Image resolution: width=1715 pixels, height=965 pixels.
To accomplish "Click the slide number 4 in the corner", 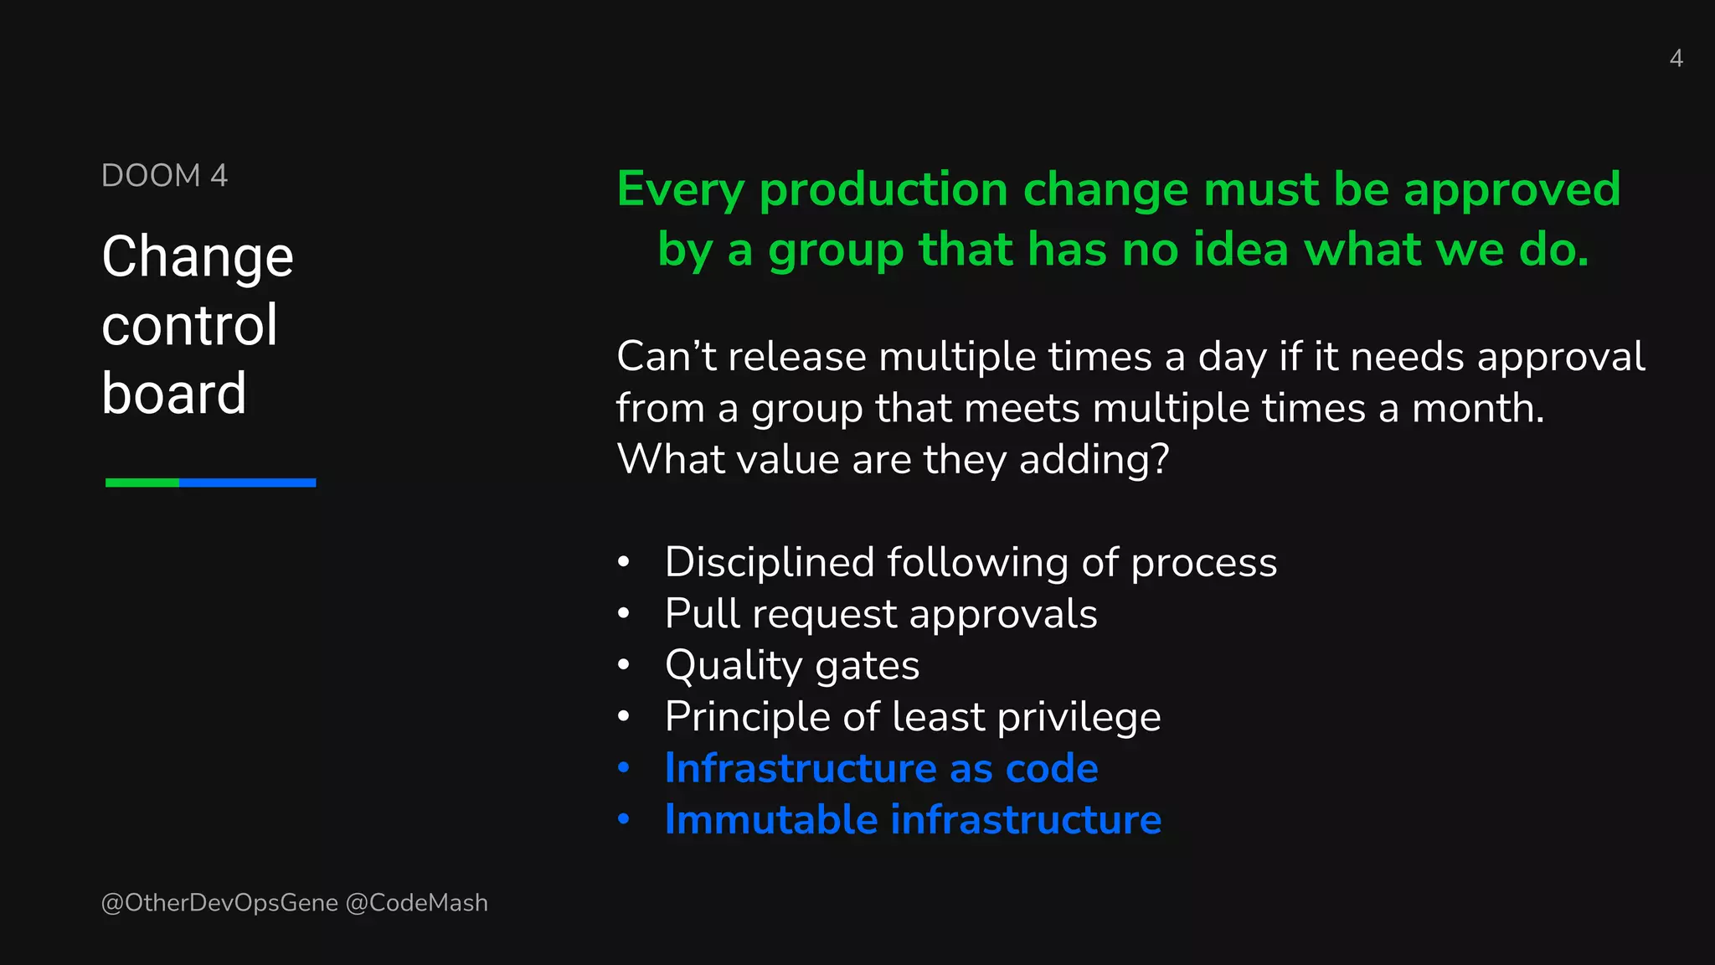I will (x=1676, y=58).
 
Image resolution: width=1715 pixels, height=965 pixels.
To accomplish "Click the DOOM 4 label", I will (x=164, y=176).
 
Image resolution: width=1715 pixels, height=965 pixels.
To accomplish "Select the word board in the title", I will (x=174, y=393).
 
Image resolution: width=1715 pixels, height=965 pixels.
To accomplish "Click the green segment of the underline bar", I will (x=142, y=482).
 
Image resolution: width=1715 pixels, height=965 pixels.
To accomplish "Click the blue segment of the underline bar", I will (x=247, y=482).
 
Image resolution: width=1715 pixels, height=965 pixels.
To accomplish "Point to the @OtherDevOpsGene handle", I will (x=219, y=903).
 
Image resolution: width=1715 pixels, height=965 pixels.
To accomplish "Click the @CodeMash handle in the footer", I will (x=416, y=903).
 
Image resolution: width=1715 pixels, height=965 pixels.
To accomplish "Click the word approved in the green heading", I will (x=1512, y=189).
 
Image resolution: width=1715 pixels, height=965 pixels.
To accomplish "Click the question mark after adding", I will (x=1161, y=460).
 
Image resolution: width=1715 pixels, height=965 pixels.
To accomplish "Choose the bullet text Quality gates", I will (x=791, y=666).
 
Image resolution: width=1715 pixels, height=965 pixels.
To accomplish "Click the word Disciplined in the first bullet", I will (x=769, y=562).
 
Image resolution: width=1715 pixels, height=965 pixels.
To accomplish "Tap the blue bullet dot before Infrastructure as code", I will (x=623, y=768).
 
